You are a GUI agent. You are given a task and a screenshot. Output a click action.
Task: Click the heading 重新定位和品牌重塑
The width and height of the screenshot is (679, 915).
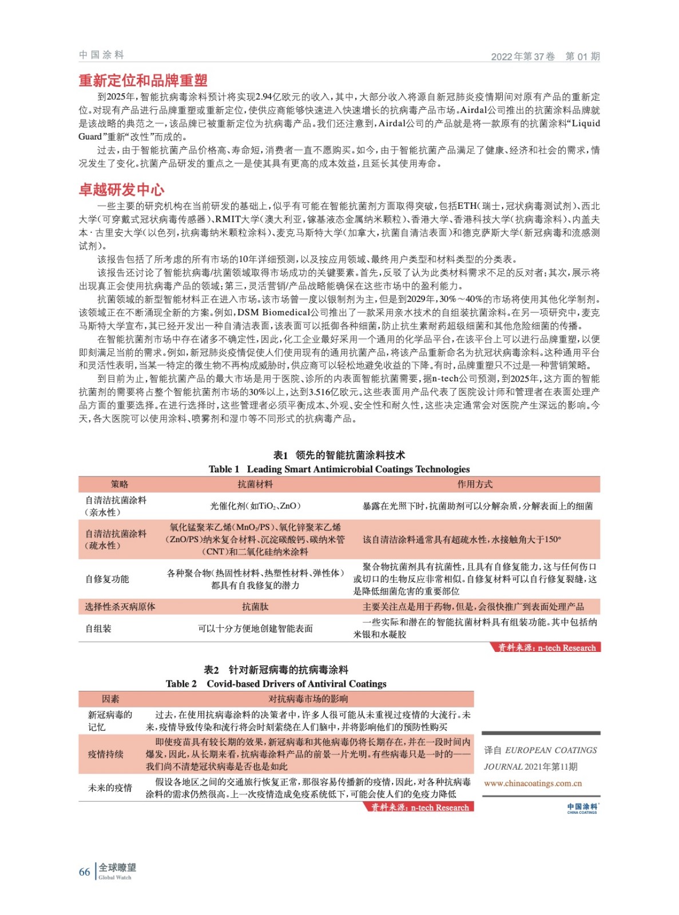pos(143,81)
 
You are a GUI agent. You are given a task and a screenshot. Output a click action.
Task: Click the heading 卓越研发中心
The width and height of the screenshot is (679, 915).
pos(121,190)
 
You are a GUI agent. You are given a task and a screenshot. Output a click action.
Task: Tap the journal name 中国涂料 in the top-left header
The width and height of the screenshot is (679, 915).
pos(101,55)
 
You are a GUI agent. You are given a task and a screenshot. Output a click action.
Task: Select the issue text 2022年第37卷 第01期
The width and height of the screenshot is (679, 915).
pos(545,56)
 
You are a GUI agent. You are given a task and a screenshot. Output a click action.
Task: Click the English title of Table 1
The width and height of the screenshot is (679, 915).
pos(339,469)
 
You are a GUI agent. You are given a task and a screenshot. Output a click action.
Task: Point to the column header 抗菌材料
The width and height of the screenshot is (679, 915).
pos(255,484)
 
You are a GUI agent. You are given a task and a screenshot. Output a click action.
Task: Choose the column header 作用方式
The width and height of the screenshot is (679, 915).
pos(474,484)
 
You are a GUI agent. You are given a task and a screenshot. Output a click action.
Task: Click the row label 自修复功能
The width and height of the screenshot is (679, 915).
pos(107,579)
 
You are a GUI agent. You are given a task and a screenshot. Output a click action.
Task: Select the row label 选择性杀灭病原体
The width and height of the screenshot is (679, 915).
pos(120,607)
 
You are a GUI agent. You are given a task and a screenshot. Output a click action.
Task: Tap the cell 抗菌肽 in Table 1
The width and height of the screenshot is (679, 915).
pos(255,607)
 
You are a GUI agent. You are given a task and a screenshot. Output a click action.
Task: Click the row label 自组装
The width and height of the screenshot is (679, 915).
pos(98,628)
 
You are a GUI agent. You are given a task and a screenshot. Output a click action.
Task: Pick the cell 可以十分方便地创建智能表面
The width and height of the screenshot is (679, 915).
pos(255,628)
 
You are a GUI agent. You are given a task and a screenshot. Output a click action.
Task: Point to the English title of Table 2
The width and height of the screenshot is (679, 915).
pos(276,683)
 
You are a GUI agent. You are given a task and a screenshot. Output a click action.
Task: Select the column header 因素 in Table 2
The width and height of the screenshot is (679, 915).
pos(110,699)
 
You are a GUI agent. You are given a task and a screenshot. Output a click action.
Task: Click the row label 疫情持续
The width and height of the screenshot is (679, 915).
pos(106,754)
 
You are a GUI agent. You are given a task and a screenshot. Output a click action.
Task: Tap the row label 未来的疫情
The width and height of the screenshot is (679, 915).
pos(110,787)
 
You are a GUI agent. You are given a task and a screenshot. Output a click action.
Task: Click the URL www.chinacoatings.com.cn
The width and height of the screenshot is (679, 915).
pos(533,783)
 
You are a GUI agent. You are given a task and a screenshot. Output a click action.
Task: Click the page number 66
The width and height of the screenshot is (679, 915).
pos(85,872)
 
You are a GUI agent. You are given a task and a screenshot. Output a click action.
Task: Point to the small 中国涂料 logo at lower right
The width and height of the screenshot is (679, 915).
pos(582,807)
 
